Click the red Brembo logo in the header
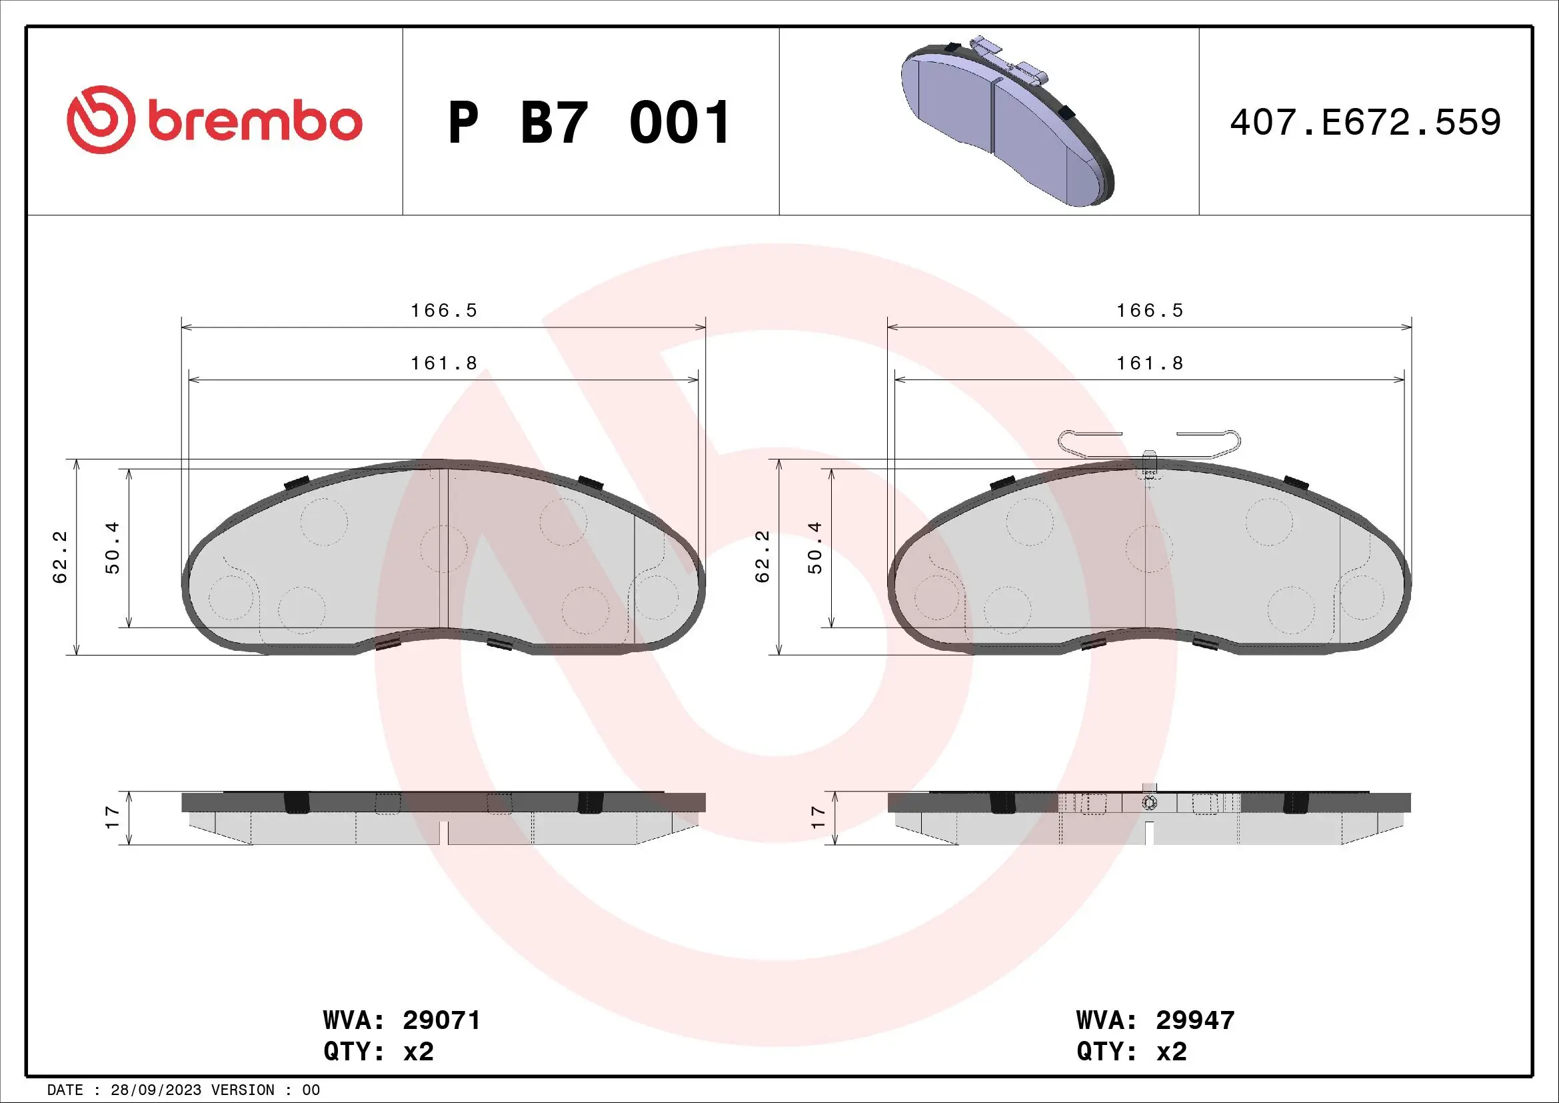(x=214, y=121)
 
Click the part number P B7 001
(x=589, y=123)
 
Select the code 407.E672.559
(x=1365, y=123)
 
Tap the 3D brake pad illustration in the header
(x=1008, y=122)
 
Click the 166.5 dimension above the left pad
(x=444, y=311)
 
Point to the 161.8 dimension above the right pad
(x=1150, y=364)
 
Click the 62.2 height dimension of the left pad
(x=61, y=557)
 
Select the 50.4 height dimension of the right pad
(x=815, y=548)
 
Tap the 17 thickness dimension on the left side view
(x=113, y=817)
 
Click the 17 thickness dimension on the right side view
(x=818, y=817)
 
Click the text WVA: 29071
(x=402, y=1021)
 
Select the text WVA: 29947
(x=1155, y=1021)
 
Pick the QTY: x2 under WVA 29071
(x=378, y=1052)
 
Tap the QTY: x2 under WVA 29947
(x=1131, y=1052)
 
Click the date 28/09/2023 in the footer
(x=156, y=1090)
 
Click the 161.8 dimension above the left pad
(x=444, y=364)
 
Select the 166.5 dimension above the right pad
(x=1150, y=311)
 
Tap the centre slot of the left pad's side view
(x=444, y=833)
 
